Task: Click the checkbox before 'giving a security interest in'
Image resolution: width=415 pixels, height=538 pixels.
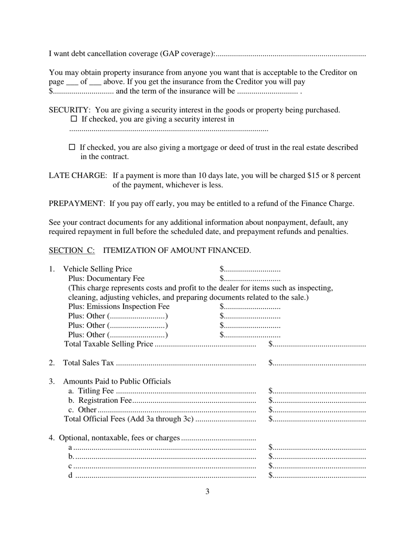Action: pyautogui.click(x=73, y=119)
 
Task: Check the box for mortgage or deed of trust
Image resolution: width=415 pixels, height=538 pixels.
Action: pyautogui.click(x=73, y=147)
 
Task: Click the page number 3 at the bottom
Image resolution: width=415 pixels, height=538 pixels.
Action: pyautogui.click(x=207, y=492)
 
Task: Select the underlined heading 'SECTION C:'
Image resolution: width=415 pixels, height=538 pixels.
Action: pyautogui.click(x=72, y=251)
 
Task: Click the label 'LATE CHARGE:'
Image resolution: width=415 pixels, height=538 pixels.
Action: pyautogui.click(x=78, y=176)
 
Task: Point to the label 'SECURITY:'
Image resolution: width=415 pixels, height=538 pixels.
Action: pyautogui.click(x=70, y=110)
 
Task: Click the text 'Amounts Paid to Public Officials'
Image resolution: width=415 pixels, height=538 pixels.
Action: pyautogui.click(x=117, y=381)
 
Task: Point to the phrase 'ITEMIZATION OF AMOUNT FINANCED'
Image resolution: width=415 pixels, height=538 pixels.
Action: pyautogui.click(x=176, y=251)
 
